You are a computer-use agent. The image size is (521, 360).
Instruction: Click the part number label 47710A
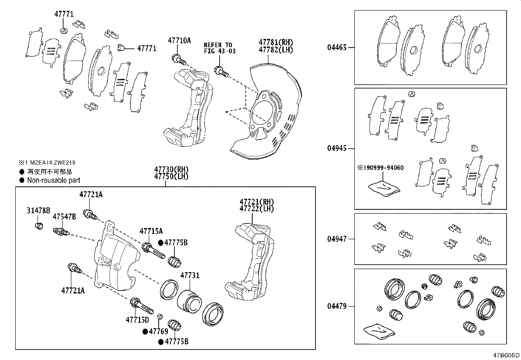(179, 41)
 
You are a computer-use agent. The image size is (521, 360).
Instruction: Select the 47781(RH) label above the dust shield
(276, 42)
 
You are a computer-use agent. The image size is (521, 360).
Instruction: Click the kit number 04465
(337, 47)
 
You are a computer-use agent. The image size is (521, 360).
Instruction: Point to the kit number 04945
(337, 148)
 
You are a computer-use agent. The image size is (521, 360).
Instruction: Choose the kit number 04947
(337, 239)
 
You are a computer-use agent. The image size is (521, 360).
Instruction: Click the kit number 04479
(337, 307)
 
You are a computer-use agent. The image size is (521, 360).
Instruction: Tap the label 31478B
(38, 210)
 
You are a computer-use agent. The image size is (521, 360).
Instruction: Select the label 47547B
(64, 217)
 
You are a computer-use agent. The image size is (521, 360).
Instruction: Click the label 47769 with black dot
(158, 331)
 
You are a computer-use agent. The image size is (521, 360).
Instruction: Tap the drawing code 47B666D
(507, 355)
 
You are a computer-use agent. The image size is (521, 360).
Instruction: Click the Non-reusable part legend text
(54, 180)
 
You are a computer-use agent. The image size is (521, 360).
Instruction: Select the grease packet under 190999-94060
(384, 189)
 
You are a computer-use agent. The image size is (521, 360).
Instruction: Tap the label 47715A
(151, 231)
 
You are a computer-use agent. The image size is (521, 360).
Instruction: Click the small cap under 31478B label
(39, 226)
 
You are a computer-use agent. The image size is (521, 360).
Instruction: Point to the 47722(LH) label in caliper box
(257, 208)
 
